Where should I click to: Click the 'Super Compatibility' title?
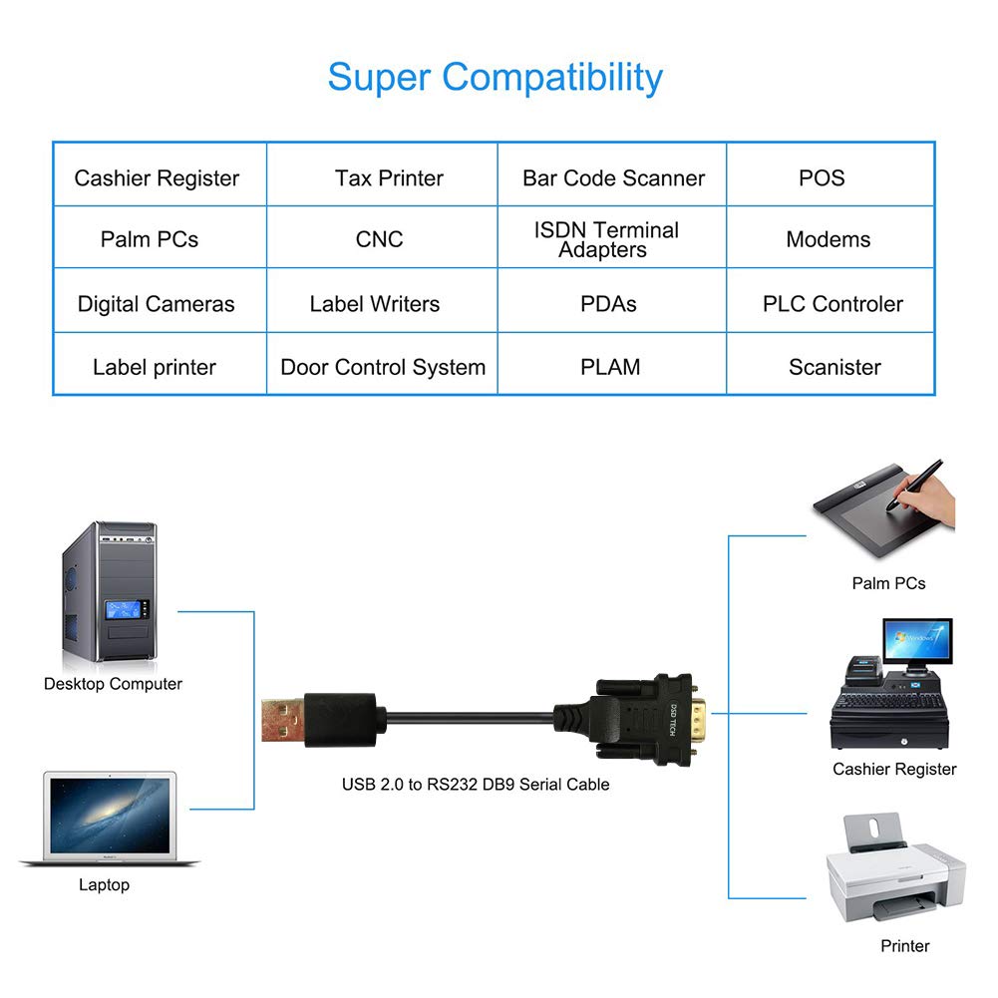pyautogui.click(x=495, y=77)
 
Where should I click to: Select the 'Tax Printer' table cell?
pyautogui.click(x=389, y=178)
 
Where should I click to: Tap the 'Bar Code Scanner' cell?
pyautogui.click(x=613, y=178)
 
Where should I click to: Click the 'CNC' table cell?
pyautogui.click(x=380, y=239)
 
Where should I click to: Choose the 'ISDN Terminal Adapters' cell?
pyautogui.click(x=605, y=240)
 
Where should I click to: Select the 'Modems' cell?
pyautogui.click(x=828, y=239)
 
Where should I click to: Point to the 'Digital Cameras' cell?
pyautogui.click(x=157, y=304)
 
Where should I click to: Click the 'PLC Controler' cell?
pyautogui.click(x=832, y=304)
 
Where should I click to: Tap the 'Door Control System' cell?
pyautogui.click(x=383, y=367)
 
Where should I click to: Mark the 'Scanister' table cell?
pyautogui.click(x=834, y=367)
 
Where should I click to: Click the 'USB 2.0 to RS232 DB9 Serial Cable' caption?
pyautogui.click(x=476, y=785)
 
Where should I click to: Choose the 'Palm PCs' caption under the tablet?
pyautogui.click(x=888, y=583)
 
